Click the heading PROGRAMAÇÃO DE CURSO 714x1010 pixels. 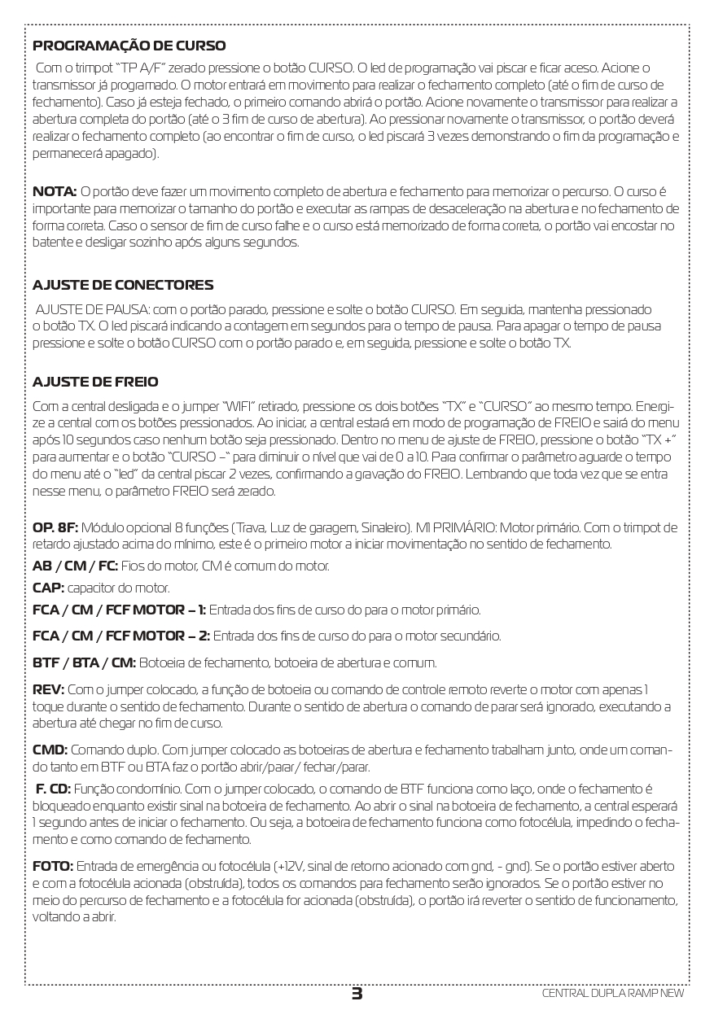point(129,46)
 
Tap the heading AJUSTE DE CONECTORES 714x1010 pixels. point(123,285)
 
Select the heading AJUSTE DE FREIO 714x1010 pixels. point(95,382)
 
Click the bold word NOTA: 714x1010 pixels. point(55,191)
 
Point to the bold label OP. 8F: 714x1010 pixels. point(55,527)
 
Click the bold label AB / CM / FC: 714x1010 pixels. point(75,566)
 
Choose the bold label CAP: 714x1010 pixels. point(48,588)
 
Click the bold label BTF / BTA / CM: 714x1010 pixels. point(84,662)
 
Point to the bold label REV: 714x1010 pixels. point(47,689)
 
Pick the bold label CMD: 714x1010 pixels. point(50,750)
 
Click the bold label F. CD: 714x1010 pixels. point(53,789)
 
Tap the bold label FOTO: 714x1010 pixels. point(53,866)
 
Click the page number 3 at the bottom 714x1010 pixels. point(357,994)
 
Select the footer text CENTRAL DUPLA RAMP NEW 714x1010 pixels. point(613,994)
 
